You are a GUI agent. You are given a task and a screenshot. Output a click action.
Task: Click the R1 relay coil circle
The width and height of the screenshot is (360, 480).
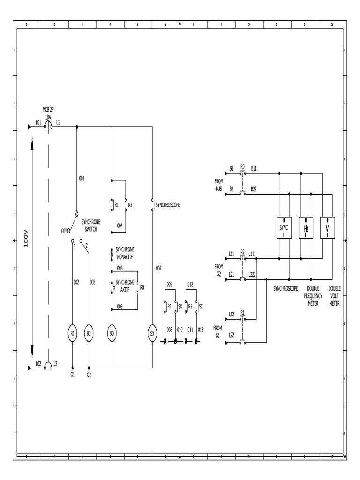(x=73, y=333)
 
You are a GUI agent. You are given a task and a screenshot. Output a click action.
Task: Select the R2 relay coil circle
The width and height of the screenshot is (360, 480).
(x=89, y=333)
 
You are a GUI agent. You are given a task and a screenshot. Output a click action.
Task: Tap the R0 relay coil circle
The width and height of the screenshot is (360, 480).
(x=112, y=333)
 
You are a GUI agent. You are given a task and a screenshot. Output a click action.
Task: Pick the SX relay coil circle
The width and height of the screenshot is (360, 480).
(x=152, y=333)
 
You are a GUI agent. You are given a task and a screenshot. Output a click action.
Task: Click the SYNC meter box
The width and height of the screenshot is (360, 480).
(x=284, y=228)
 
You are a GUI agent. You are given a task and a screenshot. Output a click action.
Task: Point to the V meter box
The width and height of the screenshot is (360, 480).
(x=327, y=228)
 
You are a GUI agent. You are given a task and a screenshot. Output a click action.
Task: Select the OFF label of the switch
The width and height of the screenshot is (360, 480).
(x=65, y=231)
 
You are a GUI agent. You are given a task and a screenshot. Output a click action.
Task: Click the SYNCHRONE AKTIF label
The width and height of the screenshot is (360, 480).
(x=125, y=285)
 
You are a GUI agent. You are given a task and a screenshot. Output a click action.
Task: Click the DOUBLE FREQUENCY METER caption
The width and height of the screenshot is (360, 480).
(x=313, y=296)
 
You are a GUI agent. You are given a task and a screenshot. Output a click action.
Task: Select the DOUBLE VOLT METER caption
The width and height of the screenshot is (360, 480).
(x=335, y=296)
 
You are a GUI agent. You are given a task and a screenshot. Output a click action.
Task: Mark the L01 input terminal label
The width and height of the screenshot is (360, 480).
(x=38, y=122)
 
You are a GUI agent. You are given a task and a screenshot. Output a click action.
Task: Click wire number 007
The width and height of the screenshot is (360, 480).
(x=158, y=268)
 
